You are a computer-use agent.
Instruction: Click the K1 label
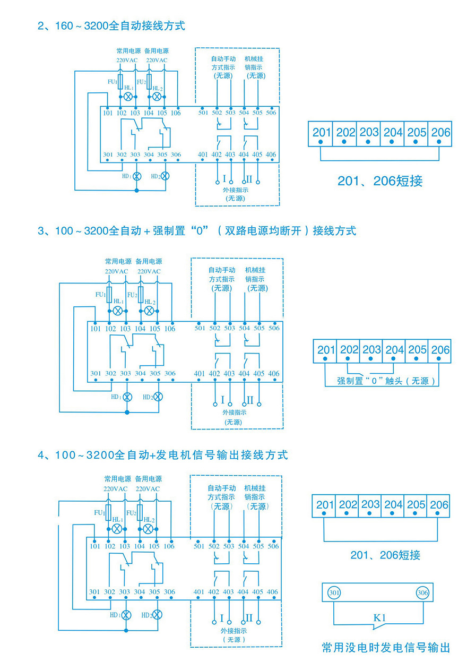(x=379, y=617)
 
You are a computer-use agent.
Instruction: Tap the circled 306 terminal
(x=422, y=592)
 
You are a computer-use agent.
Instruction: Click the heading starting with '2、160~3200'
(x=111, y=25)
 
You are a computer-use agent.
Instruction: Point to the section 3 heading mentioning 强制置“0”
(x=197, y=231)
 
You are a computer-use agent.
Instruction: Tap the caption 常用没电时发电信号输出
(x=386, y=648)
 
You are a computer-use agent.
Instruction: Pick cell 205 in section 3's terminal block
(x=417, y=350)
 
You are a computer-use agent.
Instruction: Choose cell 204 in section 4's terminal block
(x=393, y=505)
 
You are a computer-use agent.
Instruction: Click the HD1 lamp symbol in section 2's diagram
(x=136, y=176)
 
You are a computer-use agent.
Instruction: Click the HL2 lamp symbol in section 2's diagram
(x=157, y=97)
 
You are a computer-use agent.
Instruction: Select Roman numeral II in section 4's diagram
(x=249, y=617)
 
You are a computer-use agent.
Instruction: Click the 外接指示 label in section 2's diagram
(x=236, y=190)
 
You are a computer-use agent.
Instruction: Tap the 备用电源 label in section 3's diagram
(x=149, y=261)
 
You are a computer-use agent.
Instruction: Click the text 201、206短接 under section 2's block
(x=380, y=181)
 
